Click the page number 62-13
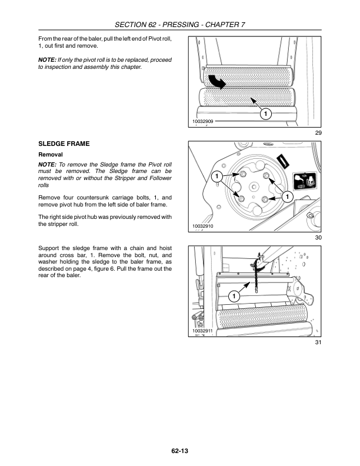tap(180, 451)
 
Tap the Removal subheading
tap(50, 154)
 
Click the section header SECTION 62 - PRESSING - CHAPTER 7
tap(180, 24)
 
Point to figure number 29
tap(318, 134)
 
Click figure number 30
tap(318, 238)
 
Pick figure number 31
tap(318, 342)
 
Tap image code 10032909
tap(203, 121)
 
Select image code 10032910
tap(203, 225)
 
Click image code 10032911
tap(203, 331)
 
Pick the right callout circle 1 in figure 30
tap(288, 196)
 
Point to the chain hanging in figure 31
tap(257, 277)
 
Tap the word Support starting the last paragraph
tap(50, 249)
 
